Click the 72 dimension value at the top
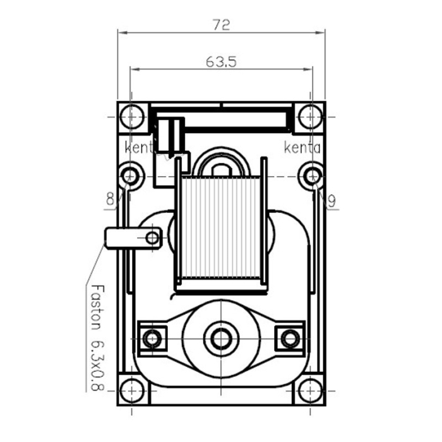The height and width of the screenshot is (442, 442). [x=221, y=25]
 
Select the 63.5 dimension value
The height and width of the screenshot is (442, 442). [x=221, y=62]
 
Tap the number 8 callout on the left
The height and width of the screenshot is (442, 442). [x=110, y=200]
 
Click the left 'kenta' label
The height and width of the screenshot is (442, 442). [x=140, y=149]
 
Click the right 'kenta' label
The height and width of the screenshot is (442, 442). [x=302, y=149]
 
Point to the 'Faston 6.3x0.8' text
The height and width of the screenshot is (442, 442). [x=97, y=338]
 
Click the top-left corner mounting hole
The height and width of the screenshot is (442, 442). [x=131, y=117]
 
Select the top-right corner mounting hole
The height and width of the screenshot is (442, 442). [x=311, y=117]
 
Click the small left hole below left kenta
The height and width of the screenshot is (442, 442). [x=131, y=174]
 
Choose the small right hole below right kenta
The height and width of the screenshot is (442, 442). [x=311, y=174]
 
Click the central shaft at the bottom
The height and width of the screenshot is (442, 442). [x=221, y=338]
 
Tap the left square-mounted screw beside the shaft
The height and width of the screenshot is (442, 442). [x=152, y=338]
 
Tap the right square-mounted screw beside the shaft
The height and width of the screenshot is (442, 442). [x=290, y=338]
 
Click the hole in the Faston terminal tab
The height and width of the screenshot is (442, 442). [x=152, y=237]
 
